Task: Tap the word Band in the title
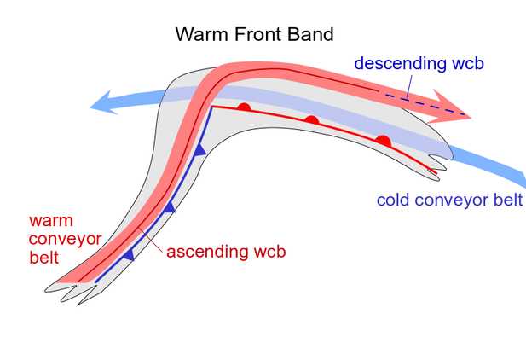309,35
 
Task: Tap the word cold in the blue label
395,201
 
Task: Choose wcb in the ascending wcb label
268,253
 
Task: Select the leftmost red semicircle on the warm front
244,107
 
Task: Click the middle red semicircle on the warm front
312,121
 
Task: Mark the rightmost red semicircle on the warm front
383,141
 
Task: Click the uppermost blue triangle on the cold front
200,150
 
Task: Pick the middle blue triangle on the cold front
170,206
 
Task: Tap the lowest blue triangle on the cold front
128,254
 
